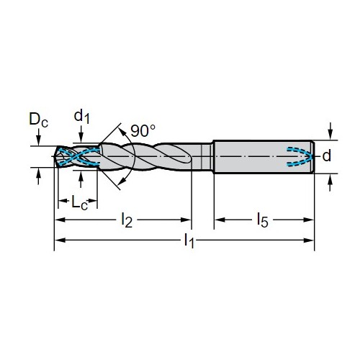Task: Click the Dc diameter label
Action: pos(38,119)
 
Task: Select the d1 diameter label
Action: pos(82,116)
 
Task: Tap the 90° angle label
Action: pos(143,130)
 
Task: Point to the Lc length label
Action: pos(79,202)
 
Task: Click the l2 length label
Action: pos(127,220)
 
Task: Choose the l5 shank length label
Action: pos(262,220)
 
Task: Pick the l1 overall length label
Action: pos(189,240)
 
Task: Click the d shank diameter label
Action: pos(327,156)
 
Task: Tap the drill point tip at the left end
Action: pos(55,156)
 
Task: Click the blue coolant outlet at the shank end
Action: pos(300,156)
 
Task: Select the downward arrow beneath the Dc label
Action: pos(38,137)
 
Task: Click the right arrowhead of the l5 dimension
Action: pos(309,220)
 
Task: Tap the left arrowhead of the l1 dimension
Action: pos(60,240)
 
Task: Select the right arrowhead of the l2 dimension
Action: pos(186,220)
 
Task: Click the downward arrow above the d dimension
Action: pos(330,131)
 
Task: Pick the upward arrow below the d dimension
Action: pos(330,182)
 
